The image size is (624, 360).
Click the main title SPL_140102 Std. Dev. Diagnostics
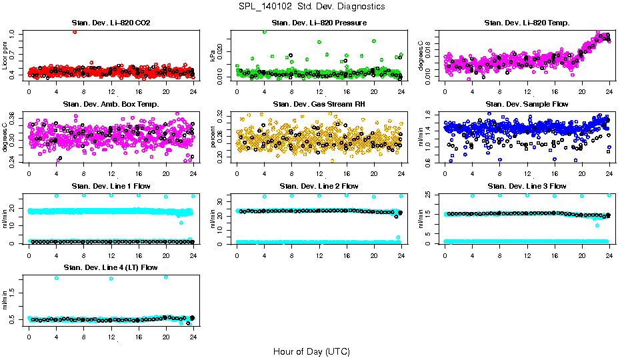pos(311,7)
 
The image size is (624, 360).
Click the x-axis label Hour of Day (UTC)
pos(311,351)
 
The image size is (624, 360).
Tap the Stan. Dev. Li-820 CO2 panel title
pos(111,23)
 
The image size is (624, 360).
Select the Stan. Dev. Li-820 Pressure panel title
pos(319,23)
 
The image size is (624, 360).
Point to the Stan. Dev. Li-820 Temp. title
pos(527,23)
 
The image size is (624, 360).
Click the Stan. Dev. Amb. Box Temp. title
pos(111,105)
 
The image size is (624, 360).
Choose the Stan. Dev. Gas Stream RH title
pos(319,105)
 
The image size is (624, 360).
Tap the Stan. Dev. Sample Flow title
pos(527,105)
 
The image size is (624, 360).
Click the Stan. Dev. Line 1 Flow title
pos(111,186)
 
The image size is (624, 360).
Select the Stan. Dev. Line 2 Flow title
pos(319,186)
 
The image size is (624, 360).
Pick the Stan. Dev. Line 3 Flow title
pos(527,186)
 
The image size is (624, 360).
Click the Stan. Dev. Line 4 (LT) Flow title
pos(111,267)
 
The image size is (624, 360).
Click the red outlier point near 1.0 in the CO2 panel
pos(75,31)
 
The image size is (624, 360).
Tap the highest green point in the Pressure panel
pos(265,31)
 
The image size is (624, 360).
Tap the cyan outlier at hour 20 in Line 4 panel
pos(165,277)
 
